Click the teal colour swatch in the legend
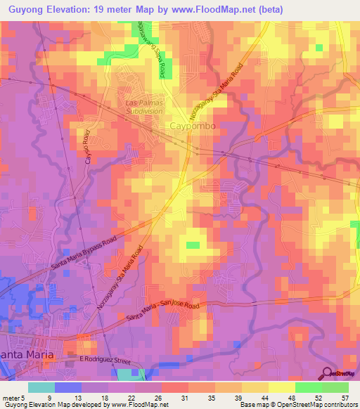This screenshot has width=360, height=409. (x=41, y=387)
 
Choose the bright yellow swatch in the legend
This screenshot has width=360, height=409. (x=282, y=387)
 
